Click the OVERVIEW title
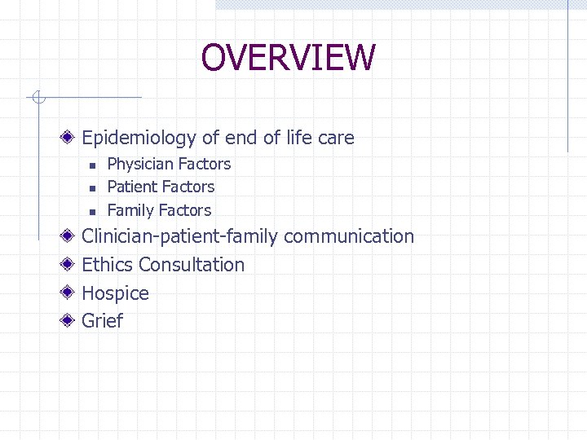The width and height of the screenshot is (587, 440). click(288, 58)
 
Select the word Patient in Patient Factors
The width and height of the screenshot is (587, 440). click(133, 187)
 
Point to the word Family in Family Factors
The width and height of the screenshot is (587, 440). click(130, 210)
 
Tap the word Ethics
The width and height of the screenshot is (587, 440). click(108, 265)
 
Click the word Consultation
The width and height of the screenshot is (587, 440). click(192, 265)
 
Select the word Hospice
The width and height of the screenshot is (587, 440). click(115, 293)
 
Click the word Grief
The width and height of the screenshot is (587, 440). click(102, 321)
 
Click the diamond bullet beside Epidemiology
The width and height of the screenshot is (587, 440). click(71, 138)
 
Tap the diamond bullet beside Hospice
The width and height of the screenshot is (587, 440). click(71, 293)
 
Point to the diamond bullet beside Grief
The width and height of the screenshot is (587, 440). click(71, 320)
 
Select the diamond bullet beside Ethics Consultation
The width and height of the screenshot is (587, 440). click(71, 265)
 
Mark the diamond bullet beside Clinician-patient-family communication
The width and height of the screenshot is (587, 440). click(71, 236)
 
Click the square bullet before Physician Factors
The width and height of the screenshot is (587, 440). click(93, 165)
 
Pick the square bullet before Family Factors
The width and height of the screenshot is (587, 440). click(93, 211)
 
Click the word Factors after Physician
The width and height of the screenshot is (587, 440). click(203, 165)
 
